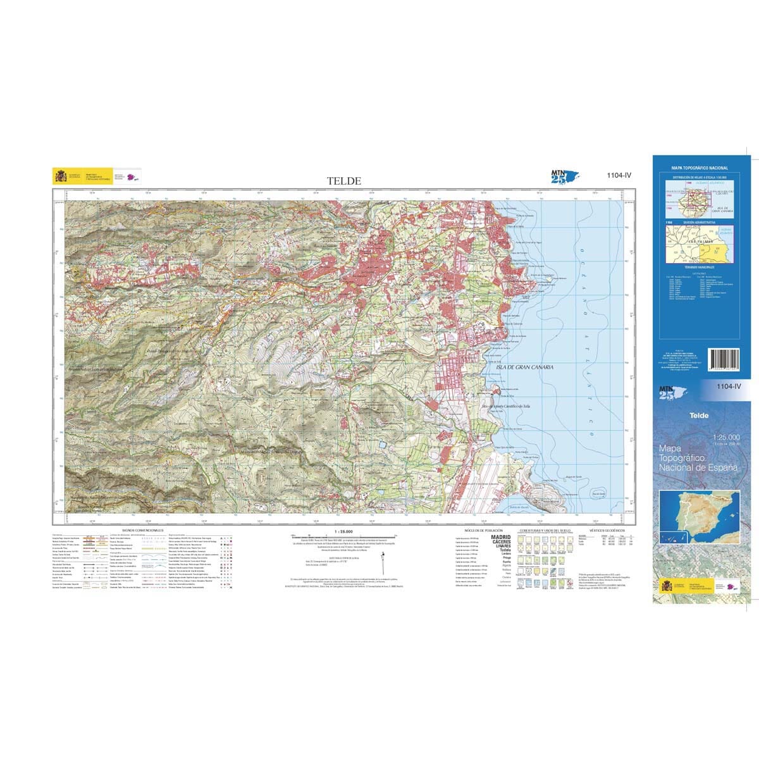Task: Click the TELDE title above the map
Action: coord(344,181)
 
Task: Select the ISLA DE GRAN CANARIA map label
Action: coord(525,367)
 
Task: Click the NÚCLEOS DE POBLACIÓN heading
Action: coord(483,530)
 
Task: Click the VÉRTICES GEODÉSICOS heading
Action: coord(606,530)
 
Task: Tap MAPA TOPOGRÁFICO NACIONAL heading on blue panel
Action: coord(700,168)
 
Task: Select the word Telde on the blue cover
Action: coord(681,416)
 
